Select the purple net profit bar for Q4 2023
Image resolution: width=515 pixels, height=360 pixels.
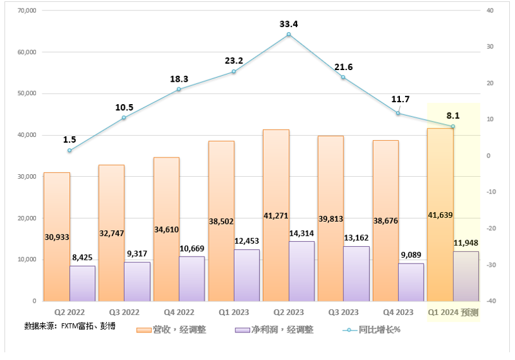click(411, 283)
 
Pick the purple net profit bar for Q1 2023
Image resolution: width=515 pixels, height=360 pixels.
click(247, 276)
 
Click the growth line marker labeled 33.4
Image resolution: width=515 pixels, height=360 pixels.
click(289, 34)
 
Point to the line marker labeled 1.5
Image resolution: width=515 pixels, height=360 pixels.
click(69, 150)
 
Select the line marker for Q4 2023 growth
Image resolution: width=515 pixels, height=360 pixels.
click(398, 113)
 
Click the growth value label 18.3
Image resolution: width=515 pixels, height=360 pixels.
click(179, 78)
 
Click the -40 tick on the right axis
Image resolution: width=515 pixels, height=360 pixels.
click(491, 301)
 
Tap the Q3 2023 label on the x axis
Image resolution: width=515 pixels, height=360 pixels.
click(343, 312)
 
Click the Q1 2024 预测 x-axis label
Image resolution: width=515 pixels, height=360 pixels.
click(453, 312)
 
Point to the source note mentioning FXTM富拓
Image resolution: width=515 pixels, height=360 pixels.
click(70, 325)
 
